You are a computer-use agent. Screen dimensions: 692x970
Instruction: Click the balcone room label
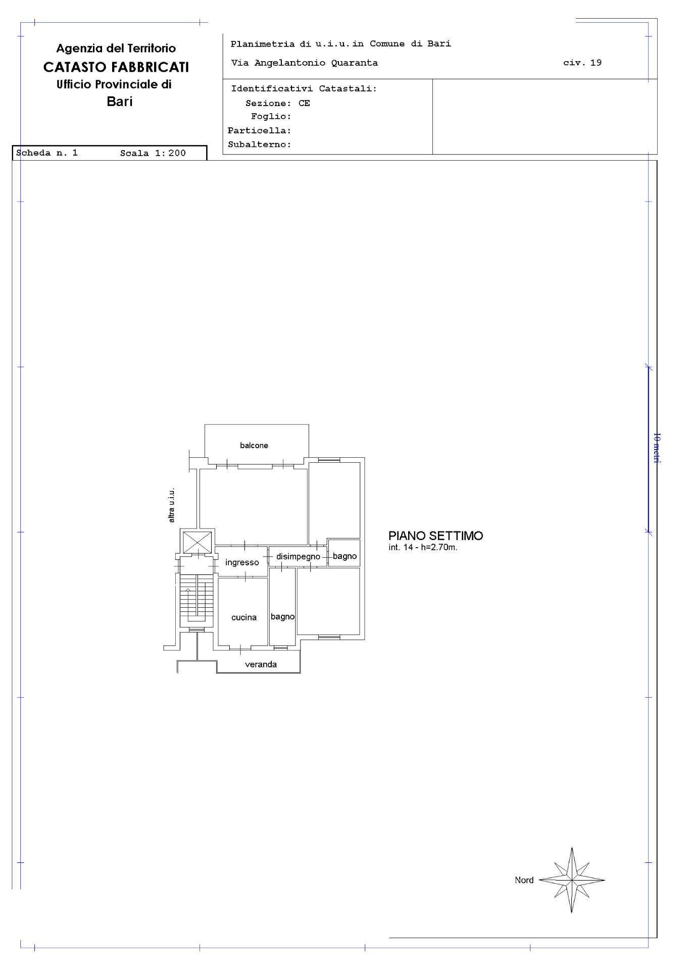click(254, 445)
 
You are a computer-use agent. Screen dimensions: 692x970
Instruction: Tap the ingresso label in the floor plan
click(242, 562)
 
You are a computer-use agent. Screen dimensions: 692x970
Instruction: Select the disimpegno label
click(298, 557)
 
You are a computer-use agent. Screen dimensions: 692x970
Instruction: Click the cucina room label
click(244, 617)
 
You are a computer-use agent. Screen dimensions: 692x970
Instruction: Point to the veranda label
click(261, 664)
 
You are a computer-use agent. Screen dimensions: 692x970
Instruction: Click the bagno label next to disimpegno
click(345, 556)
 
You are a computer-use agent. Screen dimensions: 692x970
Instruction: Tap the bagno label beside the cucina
click(282, 617)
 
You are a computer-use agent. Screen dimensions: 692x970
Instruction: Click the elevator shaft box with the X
click(197, 542)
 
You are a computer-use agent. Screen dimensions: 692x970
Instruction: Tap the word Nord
click(524, 880)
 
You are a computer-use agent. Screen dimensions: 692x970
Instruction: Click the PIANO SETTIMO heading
click(435, 536)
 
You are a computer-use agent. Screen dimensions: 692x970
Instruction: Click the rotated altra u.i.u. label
click(172, 505)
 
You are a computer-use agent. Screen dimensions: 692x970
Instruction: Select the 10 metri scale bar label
click(656, 448)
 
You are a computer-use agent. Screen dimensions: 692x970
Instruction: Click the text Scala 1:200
click(153, 153)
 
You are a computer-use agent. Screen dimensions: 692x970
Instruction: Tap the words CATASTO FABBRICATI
click(116, 67)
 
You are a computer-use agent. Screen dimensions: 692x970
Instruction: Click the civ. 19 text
click(582, 63)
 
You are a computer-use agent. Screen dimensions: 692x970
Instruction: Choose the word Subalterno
click(260, 144)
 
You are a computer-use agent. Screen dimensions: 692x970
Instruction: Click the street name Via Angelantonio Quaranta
click(305, 63)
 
